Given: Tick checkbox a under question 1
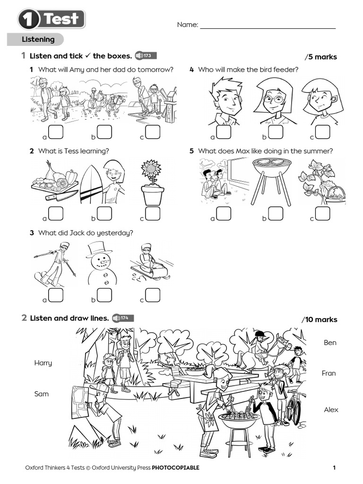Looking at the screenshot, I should coord(56,132).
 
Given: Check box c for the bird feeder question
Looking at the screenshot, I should coord(323,132).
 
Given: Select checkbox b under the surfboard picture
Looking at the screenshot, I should coord(104,214).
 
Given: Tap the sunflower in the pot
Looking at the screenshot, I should coord(152,172).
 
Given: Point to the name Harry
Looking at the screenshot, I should coord(43,363).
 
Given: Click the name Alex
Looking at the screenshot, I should coord(331,410).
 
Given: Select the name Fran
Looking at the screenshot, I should coord(329,373).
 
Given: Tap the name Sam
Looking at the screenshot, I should coord(42,394).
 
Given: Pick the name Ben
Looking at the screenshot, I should coord(330,343).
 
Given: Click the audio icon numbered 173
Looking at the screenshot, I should coord(145,56).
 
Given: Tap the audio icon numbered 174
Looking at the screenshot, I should coord(122,318).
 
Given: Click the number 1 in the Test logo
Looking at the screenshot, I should coord(29,20).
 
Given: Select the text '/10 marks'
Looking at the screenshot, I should coord(320,320).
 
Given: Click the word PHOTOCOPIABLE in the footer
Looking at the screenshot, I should coord(175,468).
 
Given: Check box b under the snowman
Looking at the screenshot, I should coord(104,295).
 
